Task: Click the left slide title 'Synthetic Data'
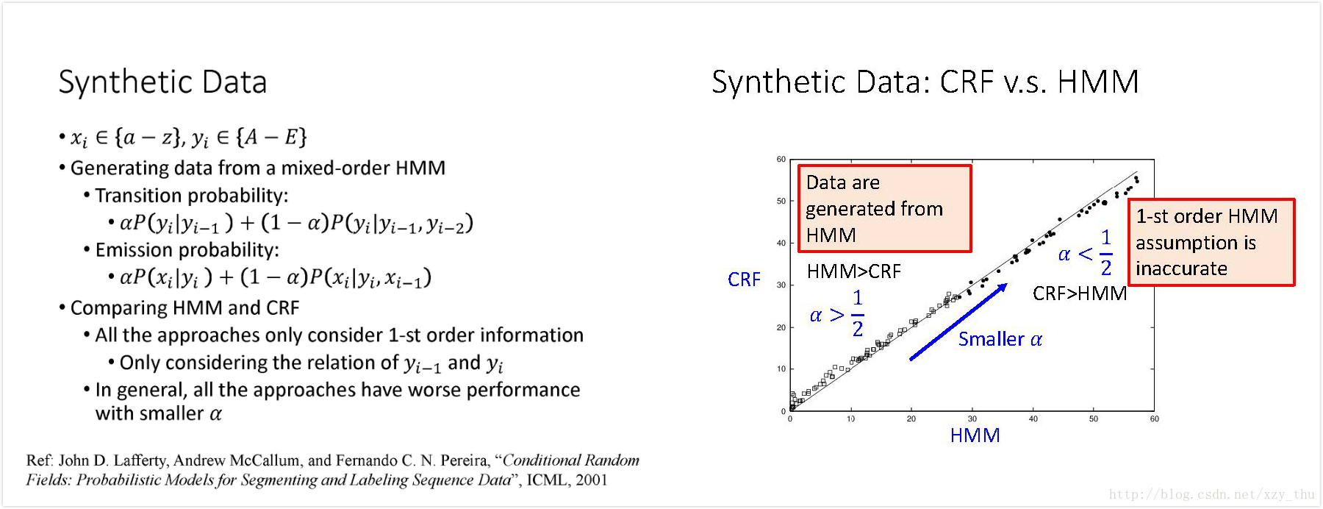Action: point(162,82)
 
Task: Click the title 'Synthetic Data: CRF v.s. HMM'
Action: point(925,82)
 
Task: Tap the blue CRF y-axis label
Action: point(744,280)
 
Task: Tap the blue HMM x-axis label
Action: point(975,435)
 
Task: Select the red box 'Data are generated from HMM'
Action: point(884,209)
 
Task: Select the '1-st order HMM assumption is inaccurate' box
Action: point(1211,242)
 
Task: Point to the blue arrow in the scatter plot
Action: point(958,322)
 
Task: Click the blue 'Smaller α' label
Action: point(1000,339)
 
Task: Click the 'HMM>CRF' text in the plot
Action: point(853,271)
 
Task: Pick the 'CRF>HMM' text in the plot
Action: point(1079,293)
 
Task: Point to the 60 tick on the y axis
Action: point(781,159)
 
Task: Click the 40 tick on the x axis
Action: point(1033,419)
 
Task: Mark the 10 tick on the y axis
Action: point(781,369)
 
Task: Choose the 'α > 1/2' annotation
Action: point(836,313)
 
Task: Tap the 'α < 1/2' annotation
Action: point(1085,253)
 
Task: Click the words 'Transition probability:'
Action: point(191,196)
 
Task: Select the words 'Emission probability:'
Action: point(187,250)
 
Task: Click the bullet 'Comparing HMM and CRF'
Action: point(184,307)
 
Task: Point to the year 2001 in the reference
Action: point(592,480)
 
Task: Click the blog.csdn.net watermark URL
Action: point(1211,494)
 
